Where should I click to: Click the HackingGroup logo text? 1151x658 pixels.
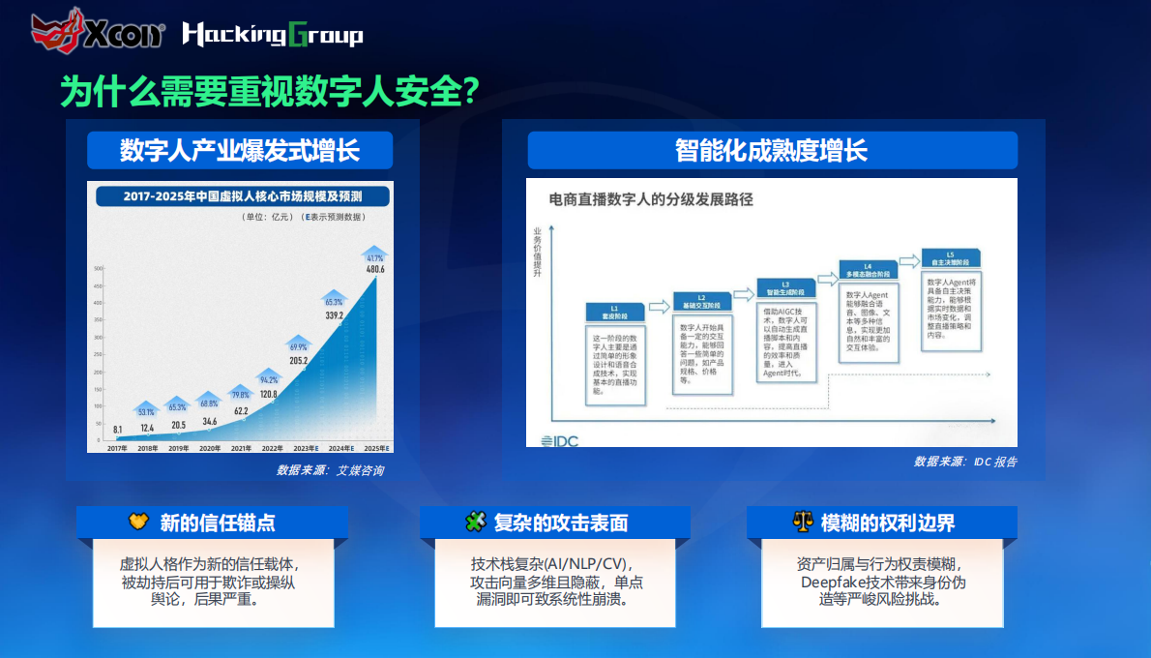click(273, 36)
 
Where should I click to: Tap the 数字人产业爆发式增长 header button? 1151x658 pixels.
click(240, 151)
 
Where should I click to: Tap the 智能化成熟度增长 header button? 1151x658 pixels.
click(772, 151)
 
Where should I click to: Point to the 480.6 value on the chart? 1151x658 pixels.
click(375, 270)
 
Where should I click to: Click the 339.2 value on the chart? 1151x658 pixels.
click(335, 315)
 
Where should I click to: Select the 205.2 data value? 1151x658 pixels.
click(298, 361)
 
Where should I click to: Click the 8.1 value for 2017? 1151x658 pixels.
click(117, 429)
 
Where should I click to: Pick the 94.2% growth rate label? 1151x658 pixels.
click(267, 379)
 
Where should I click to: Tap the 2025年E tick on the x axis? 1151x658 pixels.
click(375, 449)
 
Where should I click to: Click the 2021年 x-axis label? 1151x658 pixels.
click(241, 449)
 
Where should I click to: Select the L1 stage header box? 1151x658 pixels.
click(614, 313)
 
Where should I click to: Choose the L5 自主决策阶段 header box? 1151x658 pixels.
click(950, 259)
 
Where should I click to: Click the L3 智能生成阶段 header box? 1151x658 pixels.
click(785, 288)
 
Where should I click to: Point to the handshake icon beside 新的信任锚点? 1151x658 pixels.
click(138, 523)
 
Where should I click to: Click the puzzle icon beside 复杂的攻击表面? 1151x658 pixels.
click(475, 523)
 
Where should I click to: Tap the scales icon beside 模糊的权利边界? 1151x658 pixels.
click(802, 523)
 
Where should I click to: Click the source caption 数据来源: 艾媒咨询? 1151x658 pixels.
click(330, 470)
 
